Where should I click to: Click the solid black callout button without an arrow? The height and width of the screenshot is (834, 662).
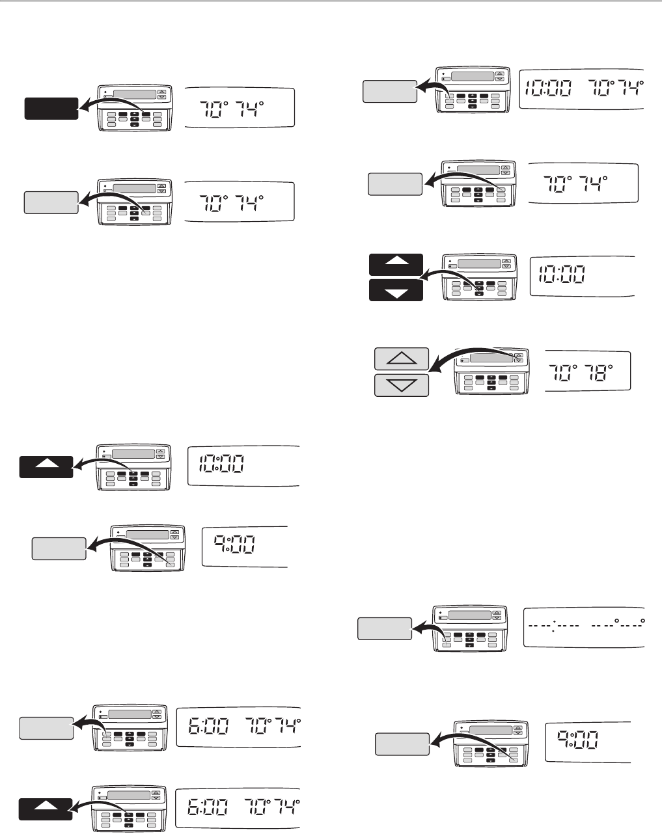(x=51, y=108)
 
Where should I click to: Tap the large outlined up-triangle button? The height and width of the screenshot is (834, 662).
(x=402, y=358)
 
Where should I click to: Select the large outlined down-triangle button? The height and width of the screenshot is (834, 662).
(x=402, y=384)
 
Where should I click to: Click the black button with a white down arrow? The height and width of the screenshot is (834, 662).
(x=396, y=290)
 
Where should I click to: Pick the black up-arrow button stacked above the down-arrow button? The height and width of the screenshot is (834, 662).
(x=396, y=263)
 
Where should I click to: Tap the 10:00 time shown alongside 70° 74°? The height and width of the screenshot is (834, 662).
(x=548, y=87)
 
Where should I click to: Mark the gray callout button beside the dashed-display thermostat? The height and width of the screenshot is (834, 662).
(x=385, y=629)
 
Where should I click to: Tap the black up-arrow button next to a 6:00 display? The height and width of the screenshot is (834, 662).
(x=46, y=813)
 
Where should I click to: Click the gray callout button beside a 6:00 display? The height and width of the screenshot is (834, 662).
(x=46, y=727)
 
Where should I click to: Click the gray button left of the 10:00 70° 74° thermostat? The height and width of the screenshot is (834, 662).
(x=389, y=91)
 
